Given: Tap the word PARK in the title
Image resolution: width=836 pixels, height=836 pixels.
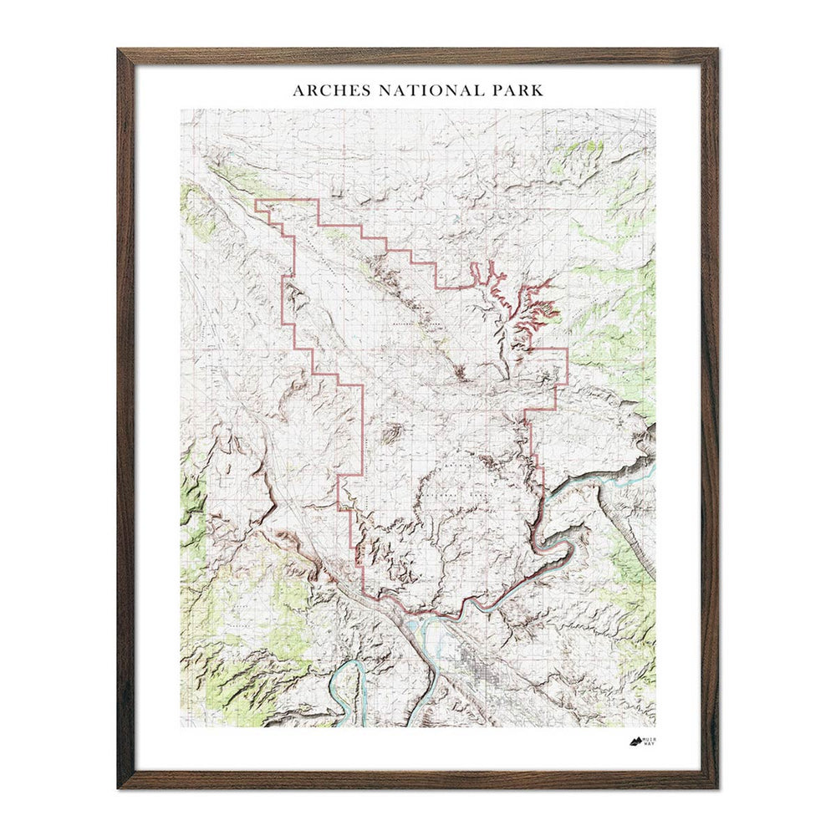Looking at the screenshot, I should pos(518,90).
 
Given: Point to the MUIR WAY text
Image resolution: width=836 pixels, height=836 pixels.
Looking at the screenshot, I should pos(650,742).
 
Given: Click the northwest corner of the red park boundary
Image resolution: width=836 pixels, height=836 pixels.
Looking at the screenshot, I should pos(255,201).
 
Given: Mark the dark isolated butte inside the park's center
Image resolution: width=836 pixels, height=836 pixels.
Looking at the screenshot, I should pos(390,433).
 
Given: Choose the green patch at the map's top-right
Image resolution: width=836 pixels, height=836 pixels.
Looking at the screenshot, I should pos(585,155).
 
